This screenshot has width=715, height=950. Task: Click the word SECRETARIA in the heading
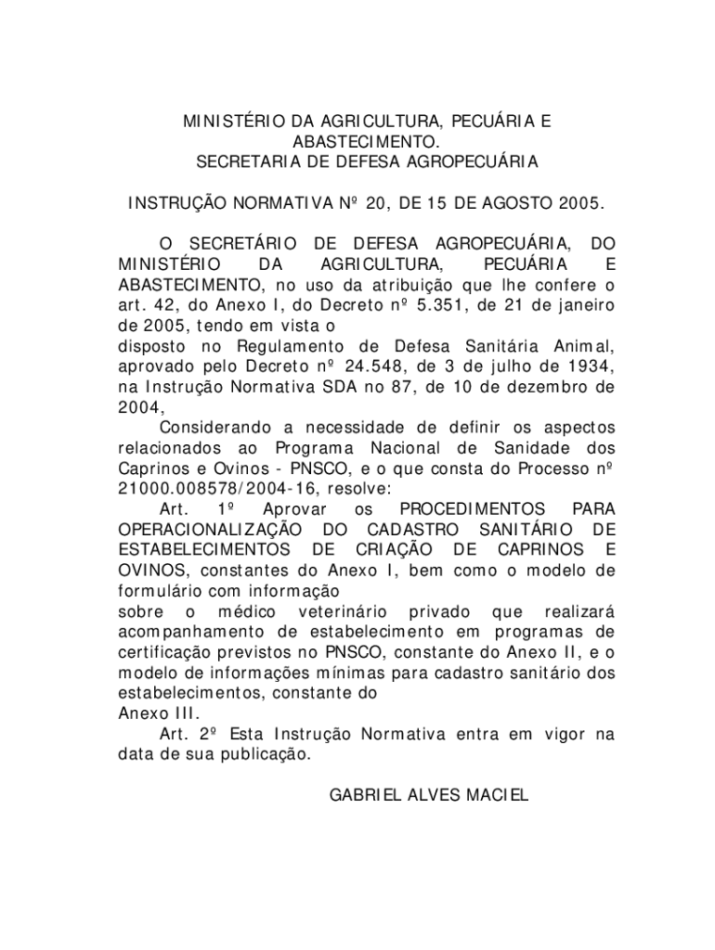tap(238, 162)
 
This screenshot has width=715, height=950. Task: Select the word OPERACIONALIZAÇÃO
tap(209, 530)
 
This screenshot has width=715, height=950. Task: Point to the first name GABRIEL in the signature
tap(367, 795)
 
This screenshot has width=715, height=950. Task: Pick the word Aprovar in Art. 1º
tap(295, 509)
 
